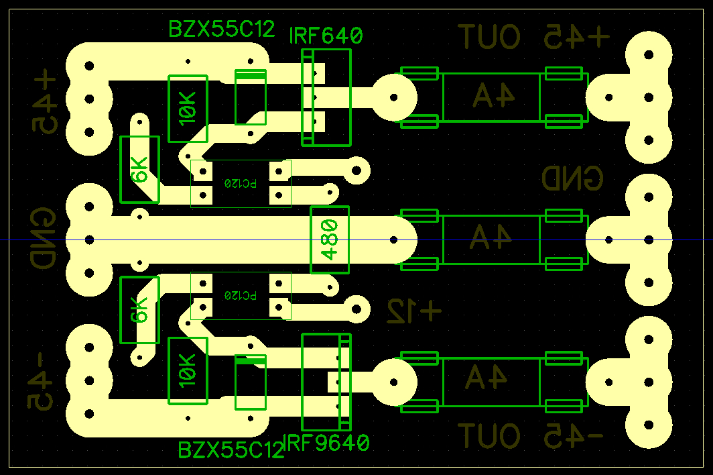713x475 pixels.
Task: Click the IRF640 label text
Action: point(326,35)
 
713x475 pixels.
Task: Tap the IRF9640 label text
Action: point(328,443)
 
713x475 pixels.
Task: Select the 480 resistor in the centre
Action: point(330,240)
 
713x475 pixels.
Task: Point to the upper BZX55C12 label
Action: point(222,29)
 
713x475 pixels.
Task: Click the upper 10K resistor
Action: point(188,108)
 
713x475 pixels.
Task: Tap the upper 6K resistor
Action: point(139,169)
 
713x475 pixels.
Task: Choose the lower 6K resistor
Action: point(139,309)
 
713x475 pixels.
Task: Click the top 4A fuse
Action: point(492,97)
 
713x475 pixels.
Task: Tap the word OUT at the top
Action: point(489,36)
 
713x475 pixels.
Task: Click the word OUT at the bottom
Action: point(489,437)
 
